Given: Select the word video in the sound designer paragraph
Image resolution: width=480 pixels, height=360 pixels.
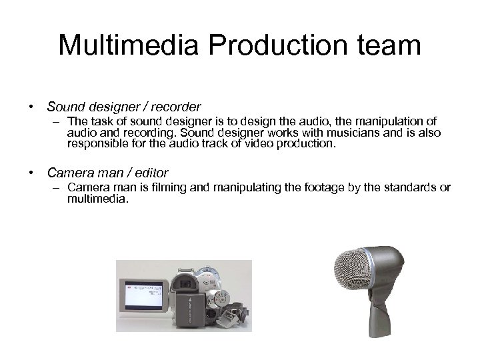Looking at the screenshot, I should [x=269, y=142].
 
